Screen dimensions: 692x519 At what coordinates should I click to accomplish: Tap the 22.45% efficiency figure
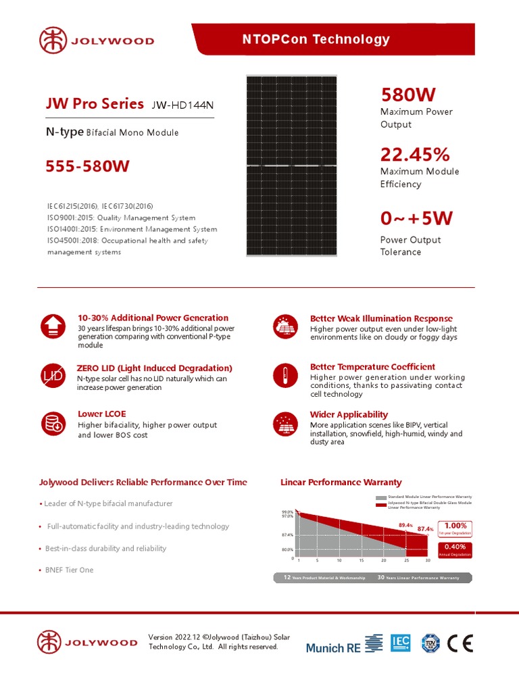[x=415, y=155]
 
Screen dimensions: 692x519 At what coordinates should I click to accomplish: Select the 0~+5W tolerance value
[x=416, y=218]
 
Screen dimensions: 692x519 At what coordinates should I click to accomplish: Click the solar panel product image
[x=291, y=166]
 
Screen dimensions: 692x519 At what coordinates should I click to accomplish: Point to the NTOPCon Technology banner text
[x=316, y=39]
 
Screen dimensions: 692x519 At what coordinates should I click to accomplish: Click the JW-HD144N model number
[x=186, y=105]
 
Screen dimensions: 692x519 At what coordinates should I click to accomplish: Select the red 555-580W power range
[x=87, y=166]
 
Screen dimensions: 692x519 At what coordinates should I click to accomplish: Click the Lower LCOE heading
[x=101, y=414]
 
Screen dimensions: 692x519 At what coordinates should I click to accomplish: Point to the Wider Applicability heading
[x=349, y=414]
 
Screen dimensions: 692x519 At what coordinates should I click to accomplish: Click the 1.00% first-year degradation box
[x=455, y=528]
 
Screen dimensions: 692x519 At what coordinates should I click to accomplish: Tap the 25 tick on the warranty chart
[x=405, y=561]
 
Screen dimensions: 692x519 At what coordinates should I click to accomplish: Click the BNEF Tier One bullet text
[x=69, y=570]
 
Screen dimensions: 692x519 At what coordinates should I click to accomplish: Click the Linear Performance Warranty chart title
[x=341, y=483]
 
